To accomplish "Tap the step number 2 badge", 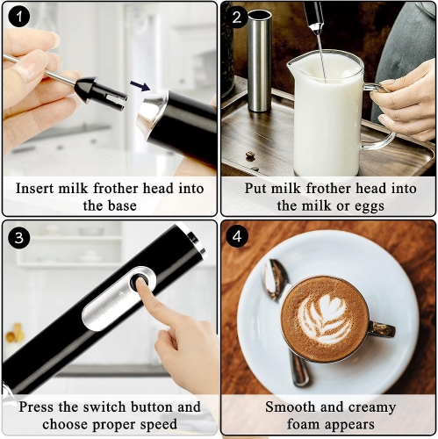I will pyautogui.click(x=236, y=18).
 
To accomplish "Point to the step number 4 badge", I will pyautogui.click(x=236, y=237).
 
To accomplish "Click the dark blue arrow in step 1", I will pyautogui.click(x=140, y=85).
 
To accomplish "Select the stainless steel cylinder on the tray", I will pyautogui.click(x=259, y=61).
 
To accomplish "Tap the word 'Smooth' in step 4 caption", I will pyautogui.click(x=290, y=407).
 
